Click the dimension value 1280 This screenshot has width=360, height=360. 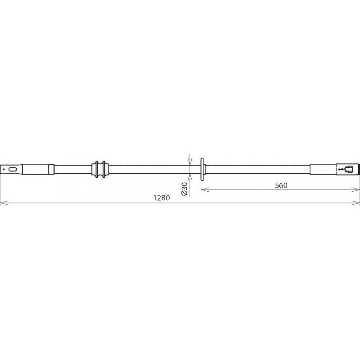(162, 198)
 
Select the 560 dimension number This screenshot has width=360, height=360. (281, 185)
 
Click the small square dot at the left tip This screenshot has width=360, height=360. (4, 170)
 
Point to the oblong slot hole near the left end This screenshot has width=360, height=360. (13, 170)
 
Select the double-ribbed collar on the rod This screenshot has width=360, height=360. (100, 170)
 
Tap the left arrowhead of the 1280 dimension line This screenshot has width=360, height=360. (4, 203)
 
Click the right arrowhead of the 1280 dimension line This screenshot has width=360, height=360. (355, 203)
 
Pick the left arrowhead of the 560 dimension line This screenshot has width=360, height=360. (205, 189)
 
